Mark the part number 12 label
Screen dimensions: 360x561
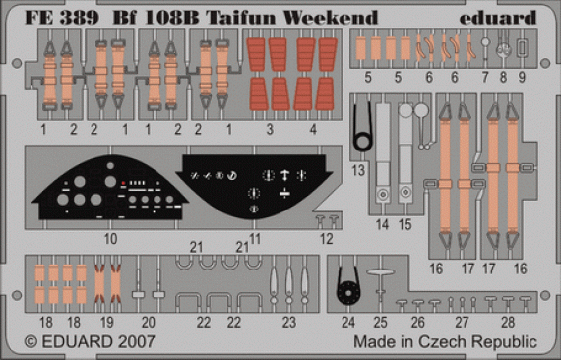point(326,239)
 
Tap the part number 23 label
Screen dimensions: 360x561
point(288,321)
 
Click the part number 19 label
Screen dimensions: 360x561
point(107,321)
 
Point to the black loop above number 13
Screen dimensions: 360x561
point(363,125)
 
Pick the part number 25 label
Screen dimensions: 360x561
point(379,321)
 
